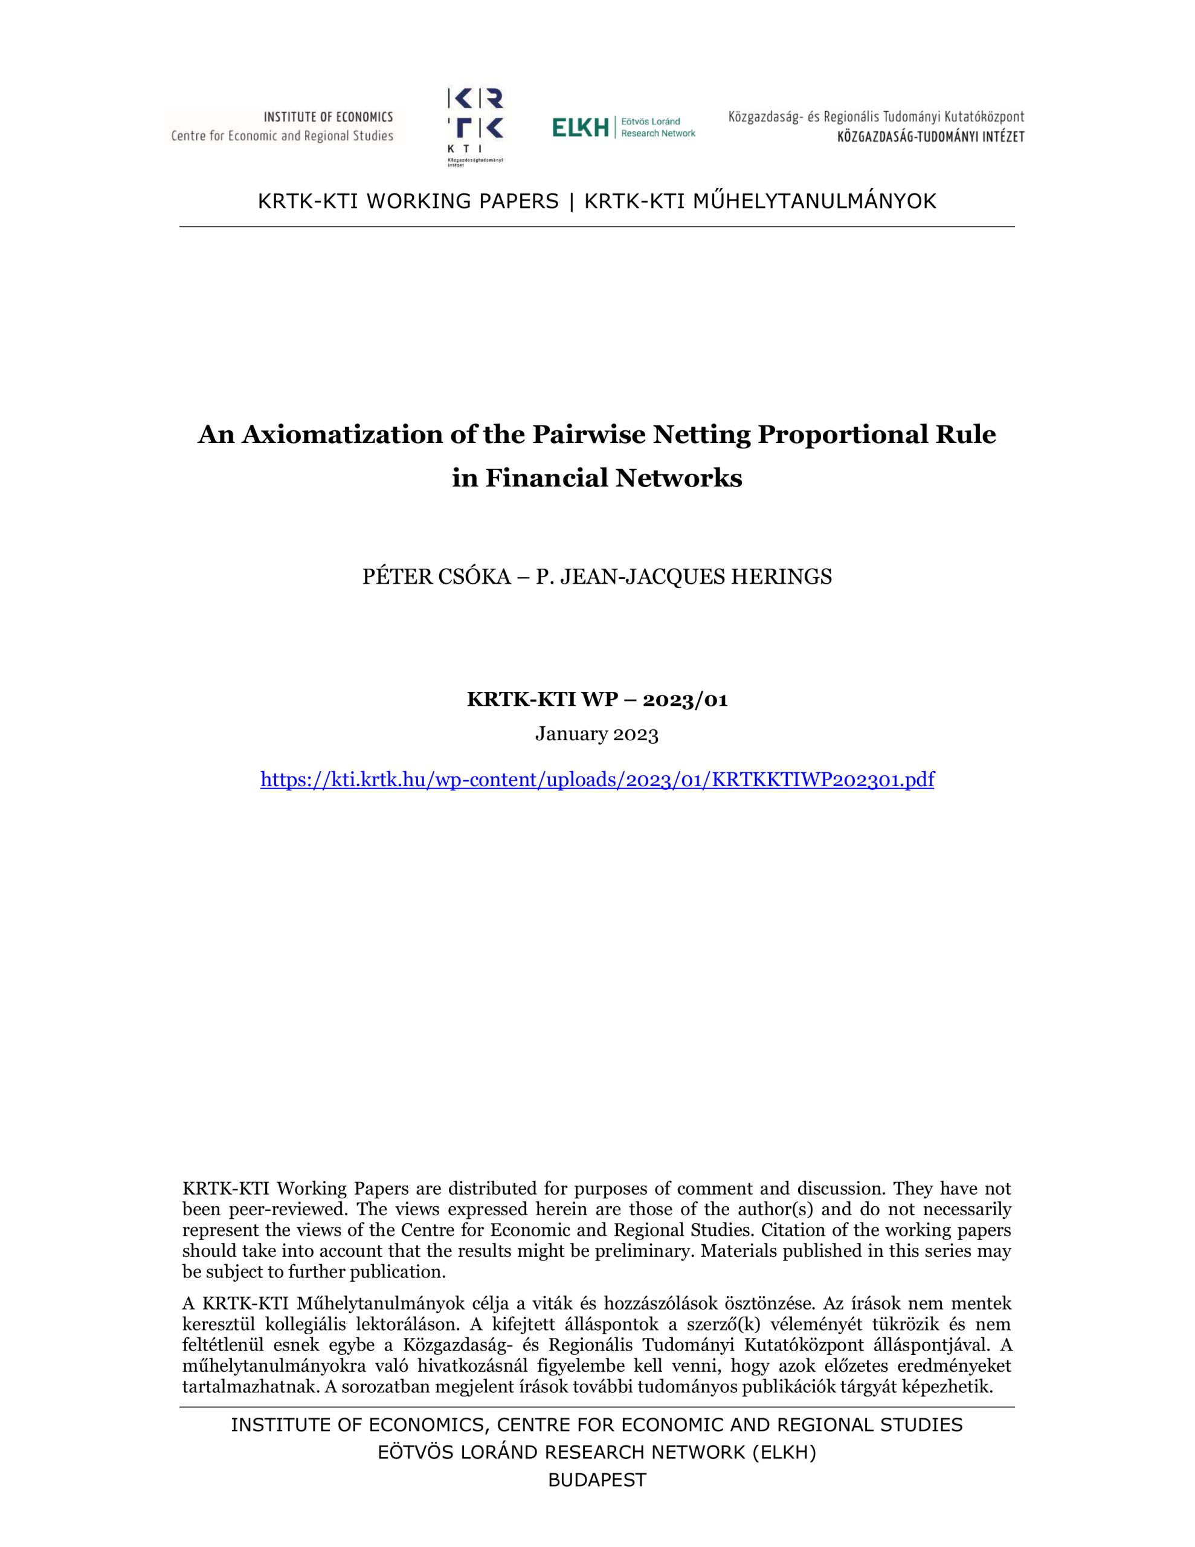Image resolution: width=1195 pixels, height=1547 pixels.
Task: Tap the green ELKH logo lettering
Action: [x=580, y=128]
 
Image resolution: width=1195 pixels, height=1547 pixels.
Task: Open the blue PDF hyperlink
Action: [x=597, y=780]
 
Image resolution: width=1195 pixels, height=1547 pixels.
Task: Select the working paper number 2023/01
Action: [x=685, y=700]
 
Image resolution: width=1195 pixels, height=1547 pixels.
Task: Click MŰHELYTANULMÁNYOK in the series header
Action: [x=814, y=201]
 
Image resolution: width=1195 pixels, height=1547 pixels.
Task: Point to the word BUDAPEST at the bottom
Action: [x=597, y=1481]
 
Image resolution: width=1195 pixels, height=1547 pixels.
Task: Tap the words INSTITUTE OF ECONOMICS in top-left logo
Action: [x=328, y=117]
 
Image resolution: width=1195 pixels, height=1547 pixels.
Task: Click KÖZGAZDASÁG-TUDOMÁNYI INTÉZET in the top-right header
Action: [x=930, y=137]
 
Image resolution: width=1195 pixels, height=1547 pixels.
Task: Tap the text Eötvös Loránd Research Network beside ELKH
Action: [x=658, y=128]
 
